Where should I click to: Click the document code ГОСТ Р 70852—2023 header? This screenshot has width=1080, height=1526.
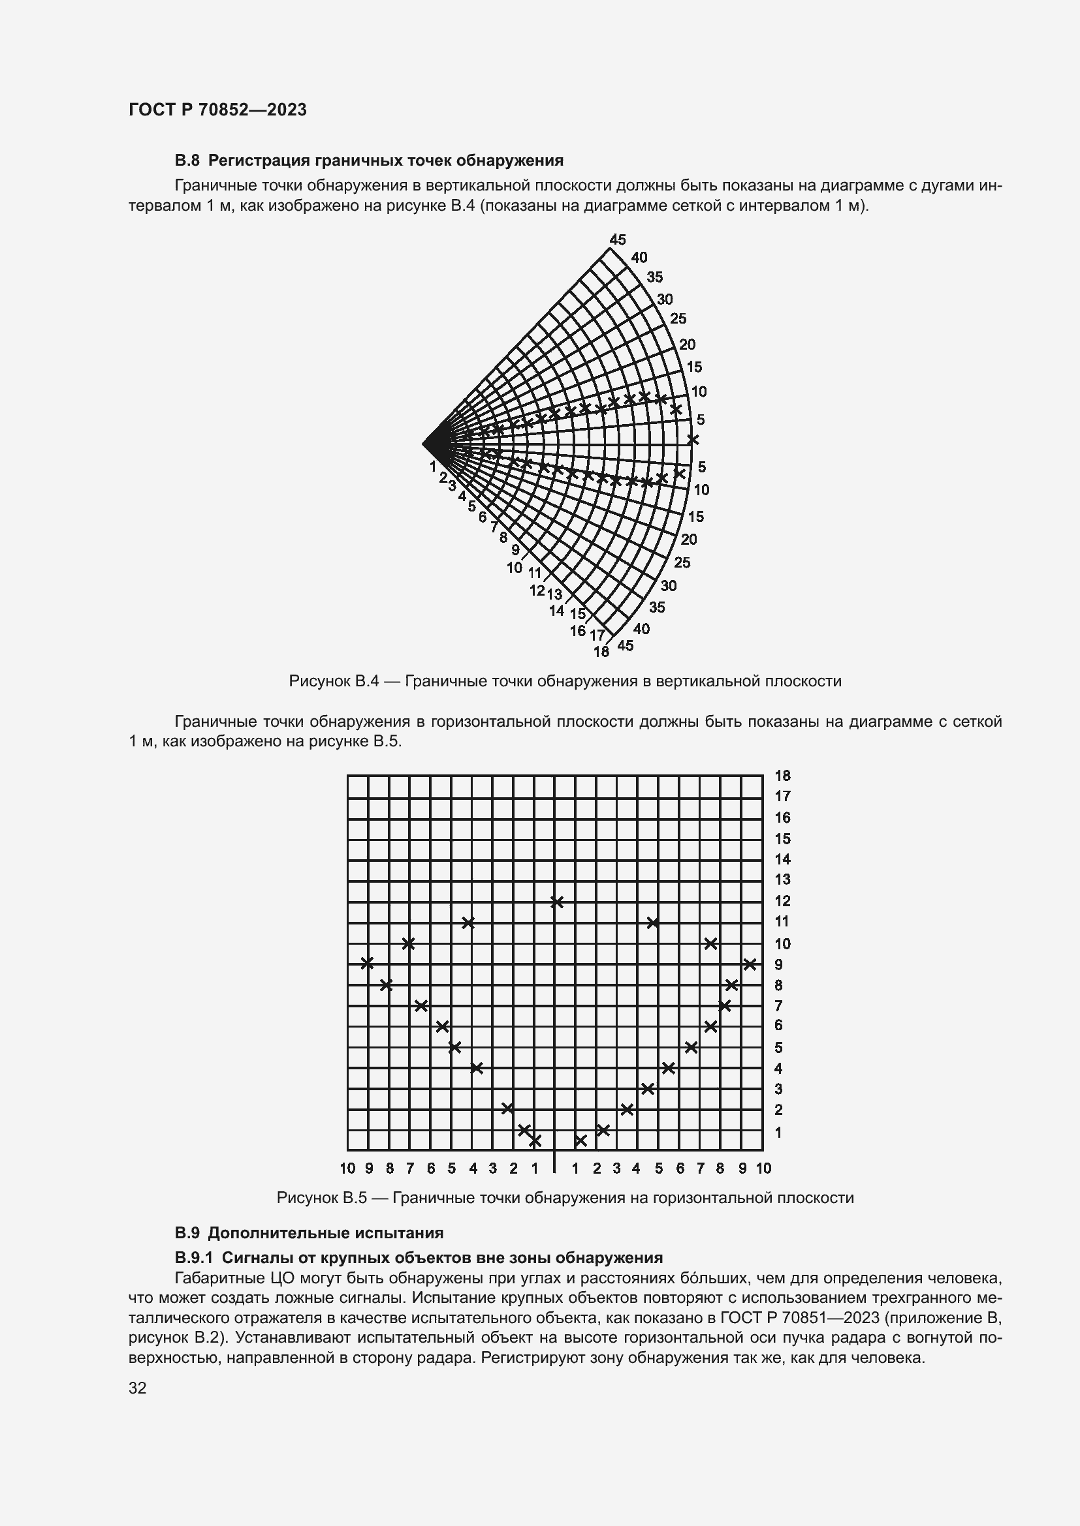217,110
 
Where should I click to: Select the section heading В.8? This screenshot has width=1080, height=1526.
369,160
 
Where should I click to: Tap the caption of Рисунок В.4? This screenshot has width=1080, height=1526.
565,681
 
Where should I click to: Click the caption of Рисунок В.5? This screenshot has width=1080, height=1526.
565,1198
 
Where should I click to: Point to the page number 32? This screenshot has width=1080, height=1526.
137,1388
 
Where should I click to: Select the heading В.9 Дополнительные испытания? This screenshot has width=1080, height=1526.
309,1233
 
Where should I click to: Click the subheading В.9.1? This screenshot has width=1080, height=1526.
419,1257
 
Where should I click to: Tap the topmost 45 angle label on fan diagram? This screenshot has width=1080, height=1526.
618,240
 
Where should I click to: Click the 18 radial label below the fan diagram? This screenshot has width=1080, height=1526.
601,652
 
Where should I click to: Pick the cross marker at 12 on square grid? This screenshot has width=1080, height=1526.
557,902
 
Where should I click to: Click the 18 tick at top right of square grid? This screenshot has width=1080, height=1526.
783,776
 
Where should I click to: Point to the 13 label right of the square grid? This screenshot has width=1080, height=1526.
783,879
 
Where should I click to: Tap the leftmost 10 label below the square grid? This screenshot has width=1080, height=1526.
347,1168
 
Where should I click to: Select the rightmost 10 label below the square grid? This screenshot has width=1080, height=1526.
763,1168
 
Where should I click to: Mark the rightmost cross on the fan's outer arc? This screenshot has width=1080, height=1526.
693,439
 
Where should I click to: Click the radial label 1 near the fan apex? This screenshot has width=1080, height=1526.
433,466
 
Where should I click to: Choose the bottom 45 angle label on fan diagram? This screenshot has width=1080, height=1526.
625,645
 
